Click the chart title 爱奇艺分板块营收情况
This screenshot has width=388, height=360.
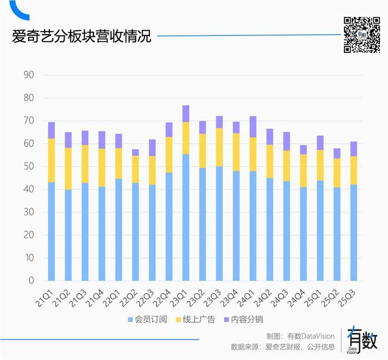click(x=82, y=36)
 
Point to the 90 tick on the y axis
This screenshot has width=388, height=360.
click(x=29, y=75)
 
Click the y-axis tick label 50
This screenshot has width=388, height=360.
click(x=29, y=166)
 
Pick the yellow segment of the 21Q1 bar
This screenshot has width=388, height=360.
click(x=52, y=161)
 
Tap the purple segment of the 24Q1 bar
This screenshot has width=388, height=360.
click(x=253, y=126)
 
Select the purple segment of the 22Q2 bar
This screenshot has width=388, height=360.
click(x=135, y=152)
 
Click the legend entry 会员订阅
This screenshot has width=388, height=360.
click(x=147, y=319)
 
